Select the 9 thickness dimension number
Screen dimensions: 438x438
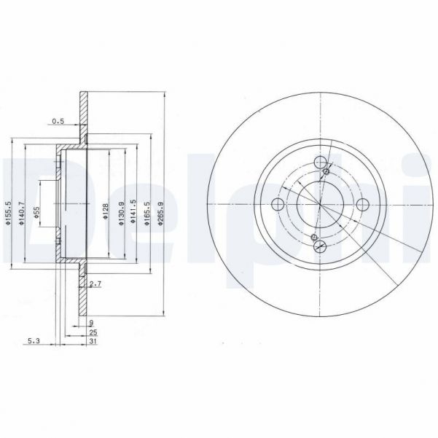tap(92, 321)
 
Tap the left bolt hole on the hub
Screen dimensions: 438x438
tap(278, 205)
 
